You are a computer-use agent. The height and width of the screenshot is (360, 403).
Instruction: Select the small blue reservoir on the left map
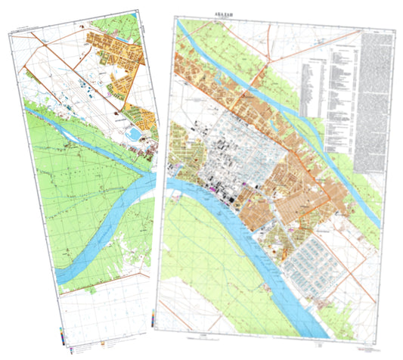(134, 134)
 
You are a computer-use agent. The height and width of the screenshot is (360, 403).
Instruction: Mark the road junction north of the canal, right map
(263, 76)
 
